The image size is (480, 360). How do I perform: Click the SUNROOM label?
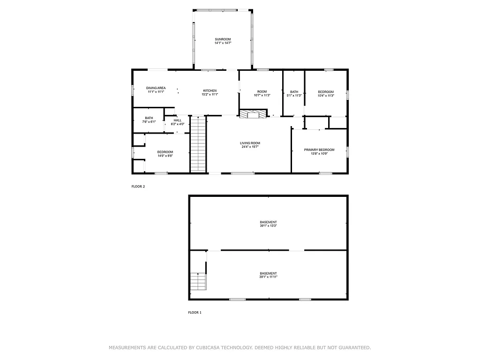pyautogui.click(x=223, y=39)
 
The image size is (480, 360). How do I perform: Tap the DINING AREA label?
pyautogui.click(x=156, y=88)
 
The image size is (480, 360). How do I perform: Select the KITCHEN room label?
pyautogui.click(x=210, y=90)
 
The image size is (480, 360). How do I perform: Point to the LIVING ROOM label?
pyautogui.click(x=250, y=143)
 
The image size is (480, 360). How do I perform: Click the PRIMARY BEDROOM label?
pyautogui.click(x=319, y=150)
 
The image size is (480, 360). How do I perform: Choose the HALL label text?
pyautogui.click(x=178, y=120)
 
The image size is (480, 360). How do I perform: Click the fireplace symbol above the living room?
pyautogui.click(x=253, y=114)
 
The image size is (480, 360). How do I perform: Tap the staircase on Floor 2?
pyautogui.click(x=198, y=144)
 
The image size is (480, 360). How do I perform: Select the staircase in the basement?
pyautogui.click(x=198, y=282)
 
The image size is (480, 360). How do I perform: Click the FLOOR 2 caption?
pyautogui.click(x=138, y=187)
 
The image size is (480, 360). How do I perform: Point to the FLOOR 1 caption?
pyautogui.click(x=195, y=312)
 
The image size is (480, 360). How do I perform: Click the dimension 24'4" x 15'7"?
pyautogui.click(x=250, y=147)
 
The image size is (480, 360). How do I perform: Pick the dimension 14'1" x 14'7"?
pyautogui.click(x=223, y=43)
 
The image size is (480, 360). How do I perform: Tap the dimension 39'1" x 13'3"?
pyautogui.click(x=268, y=226)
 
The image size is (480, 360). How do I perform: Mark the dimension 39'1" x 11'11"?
pyautogui.click(x=268, y=277)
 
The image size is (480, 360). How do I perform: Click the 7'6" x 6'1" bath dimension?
pyautogui.click(x=149, y=122)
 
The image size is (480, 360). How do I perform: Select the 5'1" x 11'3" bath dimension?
pyautogui.click(x=294, y=95)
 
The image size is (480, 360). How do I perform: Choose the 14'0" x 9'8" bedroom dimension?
pyautogui.click(x=165, y=156)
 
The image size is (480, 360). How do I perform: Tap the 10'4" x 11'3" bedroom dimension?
pyautogui.click(x=326, y=95)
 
